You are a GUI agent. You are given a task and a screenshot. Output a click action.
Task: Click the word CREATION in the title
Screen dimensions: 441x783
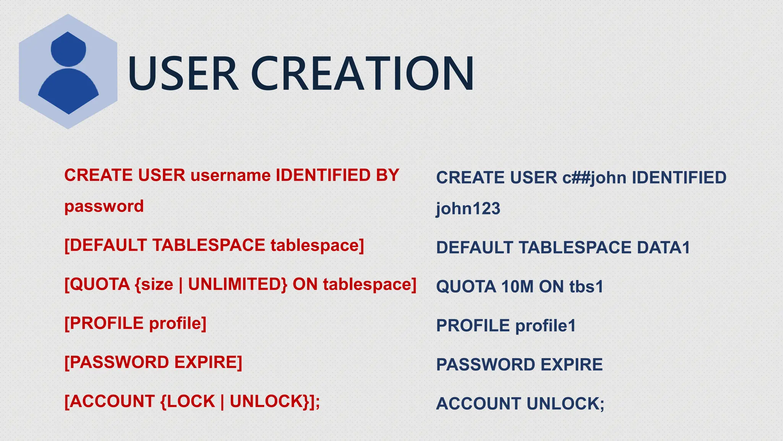pyautogui.click(x=362, y=73)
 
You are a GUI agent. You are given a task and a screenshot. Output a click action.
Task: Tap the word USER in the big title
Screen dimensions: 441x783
pyautogui.click(x=183, y=73)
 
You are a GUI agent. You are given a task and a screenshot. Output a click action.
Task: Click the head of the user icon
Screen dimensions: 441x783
pyautogui.click(x=68, y=49)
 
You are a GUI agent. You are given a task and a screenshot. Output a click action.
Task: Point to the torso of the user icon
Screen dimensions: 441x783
pyautogui.click(x=68, y=90)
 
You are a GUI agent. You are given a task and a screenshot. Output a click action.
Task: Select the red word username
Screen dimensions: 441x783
pyautogui.click(x=231, y=175)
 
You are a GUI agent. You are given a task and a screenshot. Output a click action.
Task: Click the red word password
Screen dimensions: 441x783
pyautogui.click(x=104, y=206)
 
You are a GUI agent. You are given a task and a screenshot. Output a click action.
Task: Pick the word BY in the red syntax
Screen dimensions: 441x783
pyautogui.click(x=387, y=175)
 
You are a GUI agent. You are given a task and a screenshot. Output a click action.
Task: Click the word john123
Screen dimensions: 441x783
pyautogui.click(x=468, y=209)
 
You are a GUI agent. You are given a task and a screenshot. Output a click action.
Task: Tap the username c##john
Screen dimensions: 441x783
pyautogui.click(x=594, y=178)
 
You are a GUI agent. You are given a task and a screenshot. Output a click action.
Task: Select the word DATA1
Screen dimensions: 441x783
pyautogui.click(x=663, y=247)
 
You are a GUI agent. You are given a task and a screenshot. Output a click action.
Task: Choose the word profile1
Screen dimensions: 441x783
pyautogui.click(x=546, y=326)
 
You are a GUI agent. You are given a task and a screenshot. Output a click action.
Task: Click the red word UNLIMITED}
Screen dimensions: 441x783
pyautogui.click(x=237, y=284)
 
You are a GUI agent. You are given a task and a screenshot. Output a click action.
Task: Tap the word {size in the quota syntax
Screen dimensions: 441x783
pyautogui.click(x=154, y=284)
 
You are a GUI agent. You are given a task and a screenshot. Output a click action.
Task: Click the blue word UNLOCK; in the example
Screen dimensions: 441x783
pyautogui.click(x=565, y=403)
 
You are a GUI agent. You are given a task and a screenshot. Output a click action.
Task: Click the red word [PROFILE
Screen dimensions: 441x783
pyautogui.click(x=104, y=323)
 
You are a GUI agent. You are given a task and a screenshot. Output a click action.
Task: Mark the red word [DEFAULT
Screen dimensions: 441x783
pyautogui.click(x=105, y=245)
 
